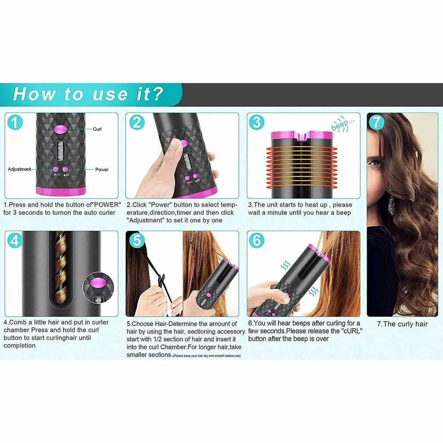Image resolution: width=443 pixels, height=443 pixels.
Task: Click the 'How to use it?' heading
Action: click(x=88, y=94)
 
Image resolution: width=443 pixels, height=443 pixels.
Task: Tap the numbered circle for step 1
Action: click(x=16, y=122)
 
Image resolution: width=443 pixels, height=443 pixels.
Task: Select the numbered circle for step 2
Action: click(x=137, y=122)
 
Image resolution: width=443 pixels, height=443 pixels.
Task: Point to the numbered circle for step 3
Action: click(x=257, y=122)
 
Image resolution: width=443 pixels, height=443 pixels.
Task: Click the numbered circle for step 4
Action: click(x=15, y=241)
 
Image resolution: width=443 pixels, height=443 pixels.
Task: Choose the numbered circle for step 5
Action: click(x=137, y=241)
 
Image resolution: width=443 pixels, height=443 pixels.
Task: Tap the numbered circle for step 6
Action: click(x=257, y=241)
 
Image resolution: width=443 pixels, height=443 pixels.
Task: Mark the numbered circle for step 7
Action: click(x=376, y=122)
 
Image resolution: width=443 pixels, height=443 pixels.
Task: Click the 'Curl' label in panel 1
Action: click(x=97, y=129)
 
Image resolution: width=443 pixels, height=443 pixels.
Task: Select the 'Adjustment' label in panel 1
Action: click(x=19, y=169)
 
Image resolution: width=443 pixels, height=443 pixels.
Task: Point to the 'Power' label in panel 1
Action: click(x=102, y=170)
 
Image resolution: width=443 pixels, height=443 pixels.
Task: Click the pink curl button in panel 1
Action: click(x=61, y=128)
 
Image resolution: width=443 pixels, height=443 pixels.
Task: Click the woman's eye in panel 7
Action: click(x=376, y=164)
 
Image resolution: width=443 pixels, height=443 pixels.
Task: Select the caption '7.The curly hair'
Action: click(x=402, y=324)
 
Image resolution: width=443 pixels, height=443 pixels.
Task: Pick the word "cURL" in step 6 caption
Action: click(x=352, y=331)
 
